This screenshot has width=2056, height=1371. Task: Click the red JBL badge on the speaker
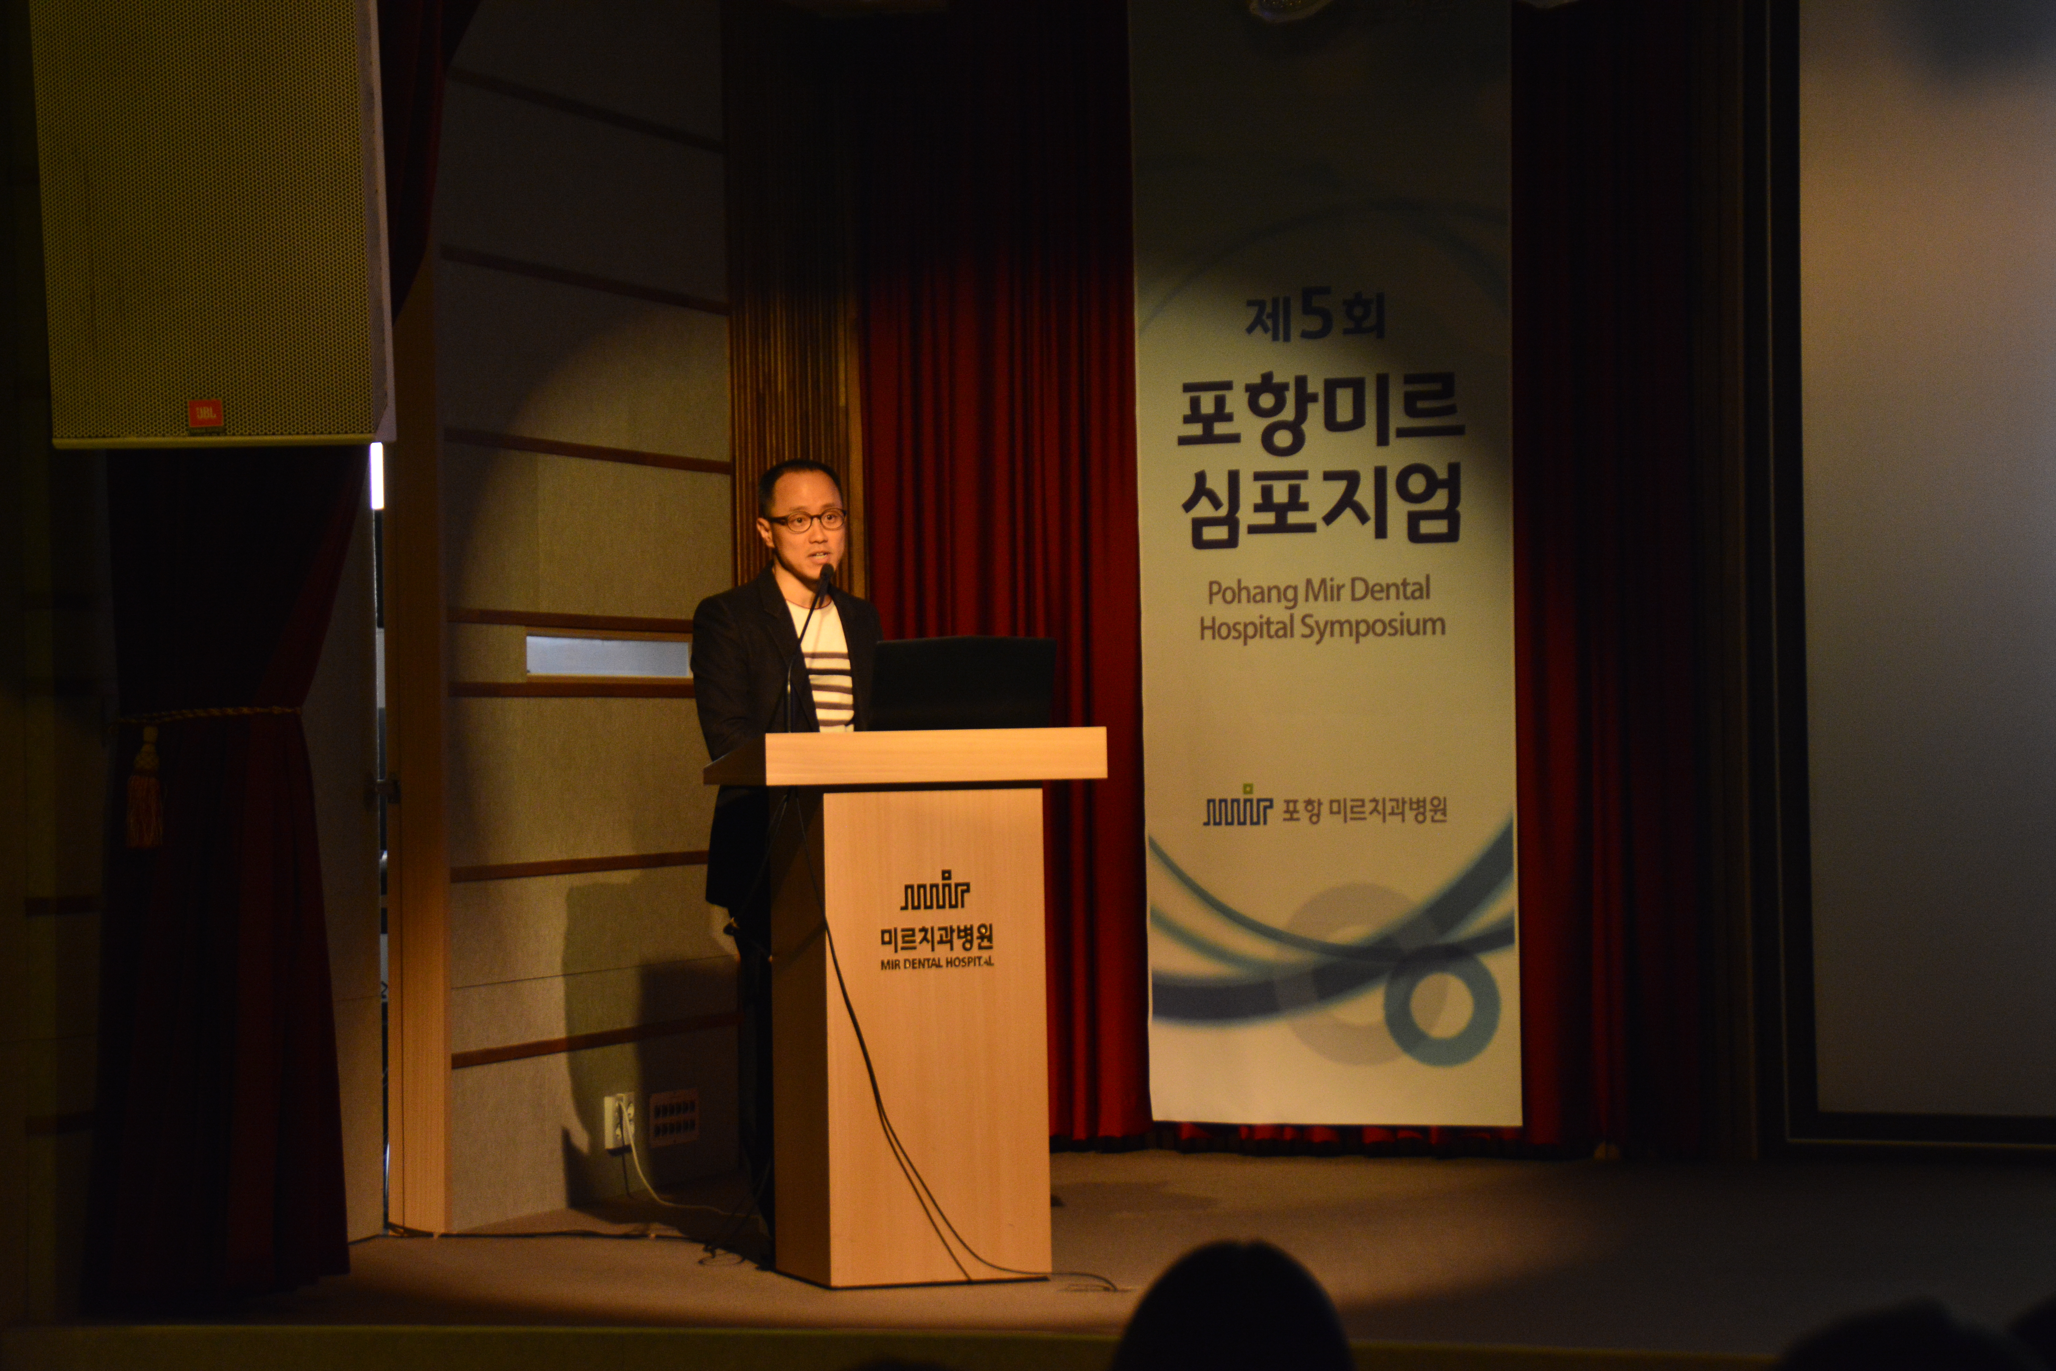point(205,414)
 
